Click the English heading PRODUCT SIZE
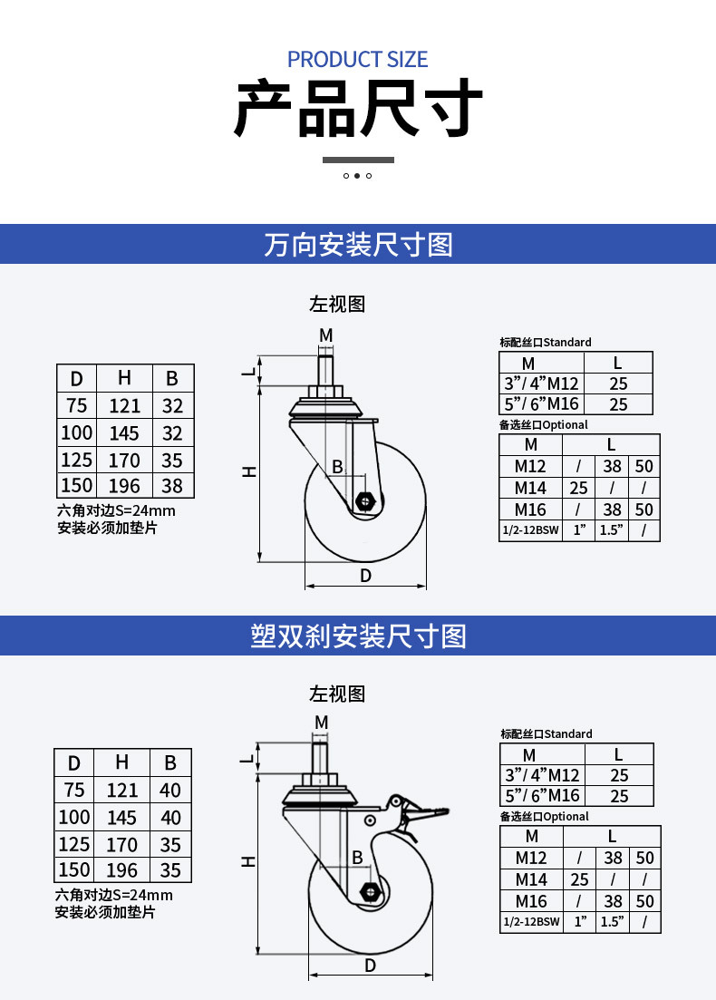[x=357, y=59]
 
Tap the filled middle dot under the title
[x=357, y=175]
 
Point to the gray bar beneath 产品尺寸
[x=358, y=160]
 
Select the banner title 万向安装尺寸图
[x=358, y=245]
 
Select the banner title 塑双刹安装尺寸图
[x=358, y=636]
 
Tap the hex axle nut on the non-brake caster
[x=364, y=501]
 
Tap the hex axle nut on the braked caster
[x=370, y=891]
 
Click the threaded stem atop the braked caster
[x=321, y=756]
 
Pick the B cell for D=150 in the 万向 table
[x=172, y=486]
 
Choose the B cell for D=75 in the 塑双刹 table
[x=170, y=791]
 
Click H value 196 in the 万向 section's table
[x=123, y=486]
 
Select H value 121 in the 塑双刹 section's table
[x=121, y=791]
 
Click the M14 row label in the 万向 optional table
[x=530, y=488]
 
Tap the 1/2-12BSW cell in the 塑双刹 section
[x=532, y=921]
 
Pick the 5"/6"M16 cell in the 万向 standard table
[x=541, y=403]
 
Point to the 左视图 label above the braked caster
[x=337, y=694]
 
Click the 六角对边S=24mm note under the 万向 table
[x=116, y=510]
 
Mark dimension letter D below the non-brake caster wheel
[x=365, y=576]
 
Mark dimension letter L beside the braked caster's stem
[x=247, y=760]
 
